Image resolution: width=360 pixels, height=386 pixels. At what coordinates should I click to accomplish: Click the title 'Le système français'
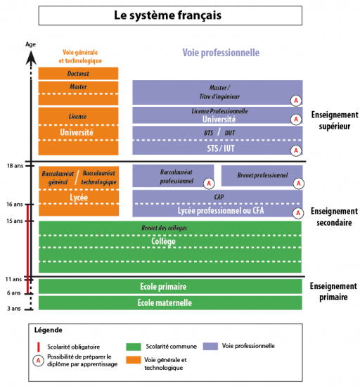click(x=167, y=15)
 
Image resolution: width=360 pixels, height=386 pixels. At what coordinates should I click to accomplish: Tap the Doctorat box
click(x=78, y=73)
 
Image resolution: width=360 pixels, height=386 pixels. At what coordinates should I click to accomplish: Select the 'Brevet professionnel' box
click(x=262, y=175)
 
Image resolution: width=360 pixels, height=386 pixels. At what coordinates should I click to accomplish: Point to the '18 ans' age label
click(x=15, y=166)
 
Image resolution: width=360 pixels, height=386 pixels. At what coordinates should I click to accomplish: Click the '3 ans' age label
click(x=14, y=309)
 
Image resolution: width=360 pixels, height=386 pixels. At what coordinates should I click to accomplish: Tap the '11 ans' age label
click(x=14, y=279)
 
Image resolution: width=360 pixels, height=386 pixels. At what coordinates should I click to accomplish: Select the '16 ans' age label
click(x=15, y=205)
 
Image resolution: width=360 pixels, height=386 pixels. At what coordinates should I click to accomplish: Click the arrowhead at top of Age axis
click(x=31, y=57)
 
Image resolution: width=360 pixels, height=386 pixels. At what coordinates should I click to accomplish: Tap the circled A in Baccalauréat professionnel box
click(x=209, y=184)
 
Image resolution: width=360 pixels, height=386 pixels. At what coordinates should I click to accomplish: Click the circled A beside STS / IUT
click(x=296, y=150)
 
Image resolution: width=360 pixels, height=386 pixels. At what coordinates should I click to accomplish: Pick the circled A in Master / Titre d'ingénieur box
click(x=296, y=101)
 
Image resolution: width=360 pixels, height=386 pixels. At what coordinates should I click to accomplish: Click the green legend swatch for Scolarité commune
click(x=134, y=347)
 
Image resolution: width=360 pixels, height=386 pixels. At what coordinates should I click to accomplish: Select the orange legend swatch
click(x=134, y=360)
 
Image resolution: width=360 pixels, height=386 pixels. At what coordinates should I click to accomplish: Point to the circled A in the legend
click(x=39, y=361)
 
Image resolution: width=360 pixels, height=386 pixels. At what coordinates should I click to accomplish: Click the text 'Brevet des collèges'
click(x=165, y=228)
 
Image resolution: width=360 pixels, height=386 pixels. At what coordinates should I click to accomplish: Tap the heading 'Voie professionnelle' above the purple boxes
click(x=221, y=53)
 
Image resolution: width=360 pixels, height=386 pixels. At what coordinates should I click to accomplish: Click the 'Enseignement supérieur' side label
click(x=335, y=120)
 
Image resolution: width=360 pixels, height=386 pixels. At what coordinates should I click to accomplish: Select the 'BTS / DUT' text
click(x=219, y=133)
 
